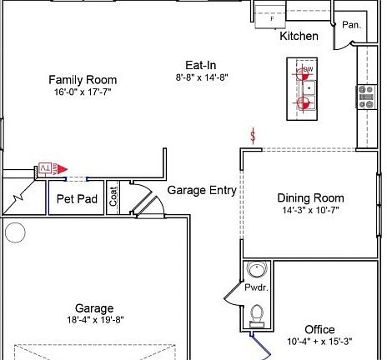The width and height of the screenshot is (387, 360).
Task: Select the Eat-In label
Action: [x=201, y=64]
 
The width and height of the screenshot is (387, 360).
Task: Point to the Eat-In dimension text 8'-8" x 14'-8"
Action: [x=201, y=77]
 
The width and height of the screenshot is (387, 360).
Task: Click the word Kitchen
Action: [x=299, y=37]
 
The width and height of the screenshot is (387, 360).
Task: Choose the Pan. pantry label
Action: [x=351, y=25]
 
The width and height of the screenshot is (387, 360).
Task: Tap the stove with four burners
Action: [x=366, y=97]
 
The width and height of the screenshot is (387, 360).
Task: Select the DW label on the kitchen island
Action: [x=308, y=69]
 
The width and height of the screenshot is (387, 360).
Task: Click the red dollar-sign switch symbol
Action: [x=254, y=136]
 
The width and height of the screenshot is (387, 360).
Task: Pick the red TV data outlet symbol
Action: [x=51, y=168]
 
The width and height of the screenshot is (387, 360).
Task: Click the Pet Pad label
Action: [x=78, y=199]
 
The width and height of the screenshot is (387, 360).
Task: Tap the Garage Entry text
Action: [x=202, y=191]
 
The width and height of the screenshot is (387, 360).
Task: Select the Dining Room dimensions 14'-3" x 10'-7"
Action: [x=310, y=211]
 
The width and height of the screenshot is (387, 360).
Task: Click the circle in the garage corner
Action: [x=14, y=232]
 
